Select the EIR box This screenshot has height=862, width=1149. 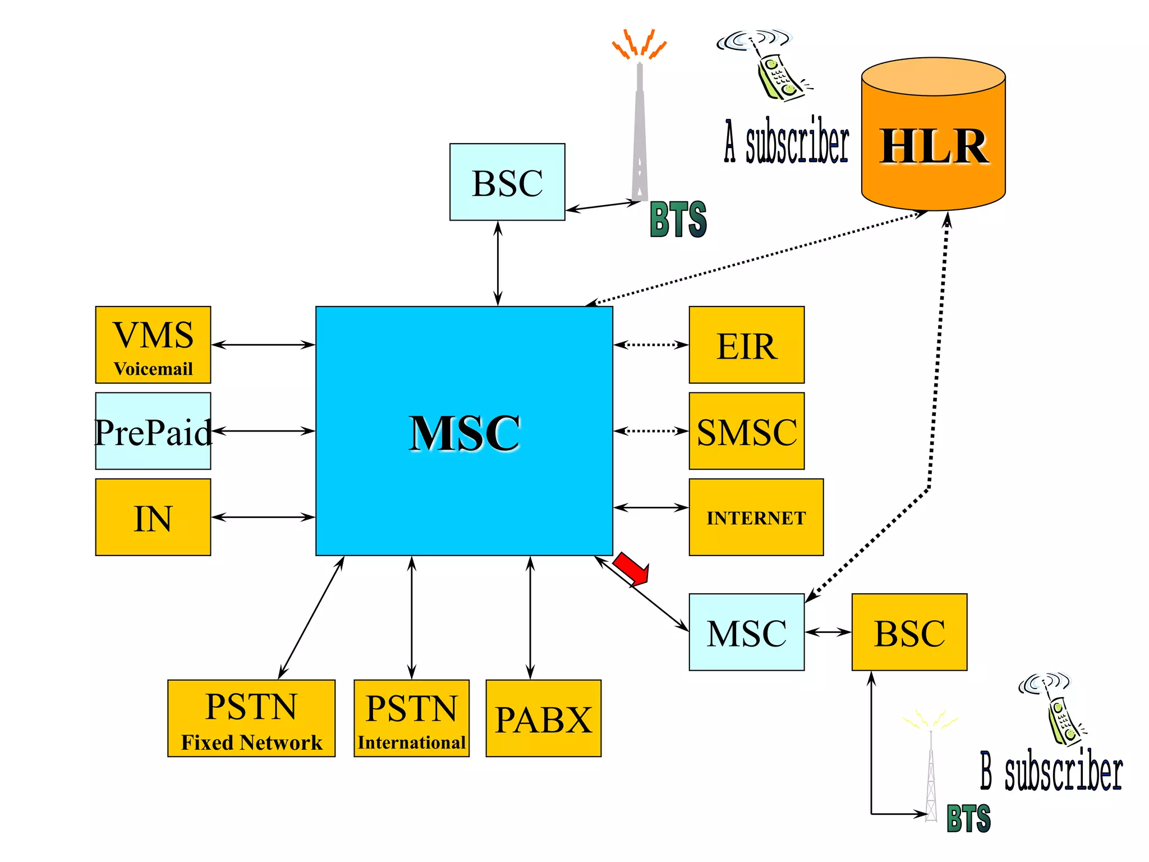[746, 345]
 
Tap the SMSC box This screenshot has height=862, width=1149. [746, 431]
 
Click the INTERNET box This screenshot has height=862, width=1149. [756, 517]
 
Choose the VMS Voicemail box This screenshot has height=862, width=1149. [153, 345]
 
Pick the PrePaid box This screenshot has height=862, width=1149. [153, 431]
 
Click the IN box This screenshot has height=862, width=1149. [153, 517]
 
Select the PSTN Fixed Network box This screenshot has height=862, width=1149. [251, 718]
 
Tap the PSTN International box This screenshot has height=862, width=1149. [411, 718]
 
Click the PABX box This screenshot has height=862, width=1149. [543, 718]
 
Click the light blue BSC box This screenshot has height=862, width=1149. [507, 182]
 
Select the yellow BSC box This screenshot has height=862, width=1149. [909, 632]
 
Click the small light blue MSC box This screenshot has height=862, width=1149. [746, 632]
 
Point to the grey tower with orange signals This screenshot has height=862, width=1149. [640, 129]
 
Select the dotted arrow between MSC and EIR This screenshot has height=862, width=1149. [651, 345]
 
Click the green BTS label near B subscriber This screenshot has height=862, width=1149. [968, 818]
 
